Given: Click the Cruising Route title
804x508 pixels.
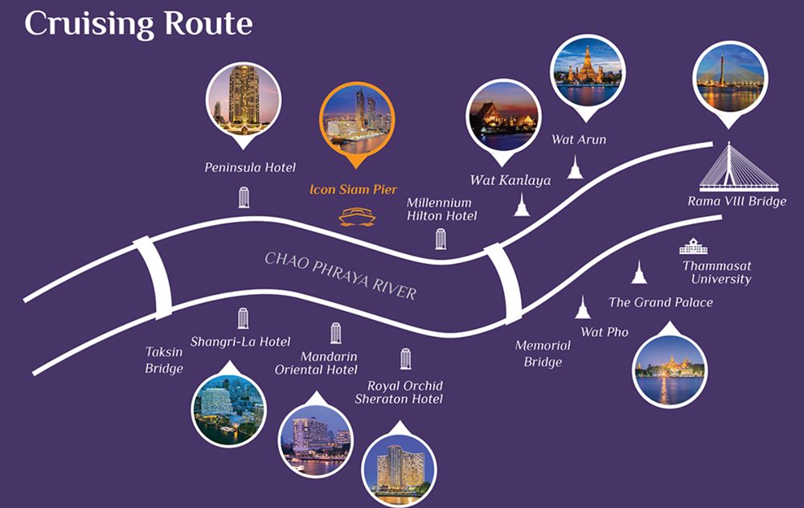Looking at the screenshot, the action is click(138, 24).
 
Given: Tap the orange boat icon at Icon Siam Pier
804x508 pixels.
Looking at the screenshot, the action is click(357, 216).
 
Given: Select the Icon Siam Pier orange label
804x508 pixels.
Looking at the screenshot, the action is click(353, 190).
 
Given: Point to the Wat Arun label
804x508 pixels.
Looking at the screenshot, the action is click(579, 139).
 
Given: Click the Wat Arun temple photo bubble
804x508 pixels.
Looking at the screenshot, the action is click(587, 77).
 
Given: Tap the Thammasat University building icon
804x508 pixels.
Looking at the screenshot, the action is click(693, 246).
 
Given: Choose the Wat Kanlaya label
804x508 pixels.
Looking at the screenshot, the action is click(511, 180).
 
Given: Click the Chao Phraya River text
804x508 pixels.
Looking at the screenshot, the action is click(340, 275).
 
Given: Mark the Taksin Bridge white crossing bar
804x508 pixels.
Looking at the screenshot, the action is click(154, 277).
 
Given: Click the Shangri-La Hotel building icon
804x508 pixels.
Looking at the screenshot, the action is click(243, 318).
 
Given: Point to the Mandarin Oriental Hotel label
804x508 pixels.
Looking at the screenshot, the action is click(316, 363).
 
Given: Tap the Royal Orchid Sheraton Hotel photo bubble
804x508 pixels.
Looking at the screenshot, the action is click(399, 464).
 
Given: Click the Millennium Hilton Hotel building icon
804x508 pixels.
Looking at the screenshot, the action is click(441, 239).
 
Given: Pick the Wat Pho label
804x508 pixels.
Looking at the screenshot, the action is click(605, 332).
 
